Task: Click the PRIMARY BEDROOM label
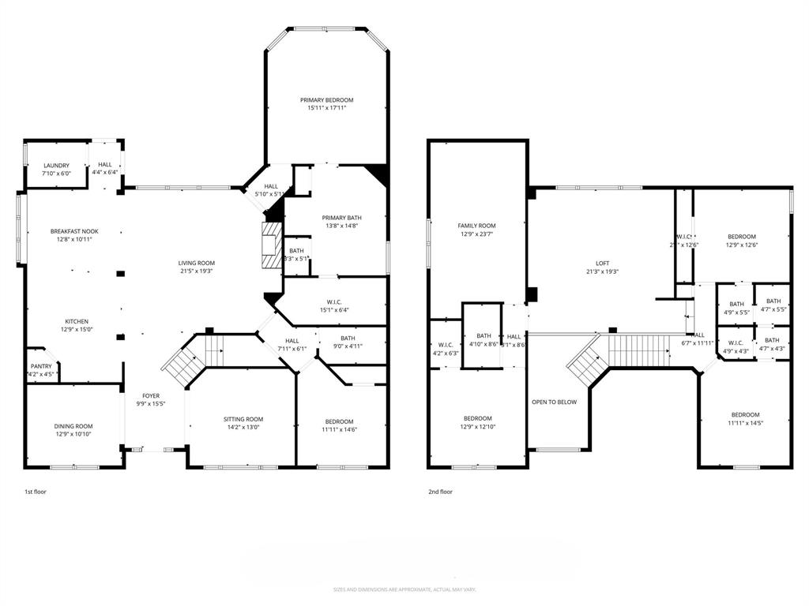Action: pyautogui.click(x=326, y=100)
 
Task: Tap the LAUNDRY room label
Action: pyautogui.click(x=56, y=166)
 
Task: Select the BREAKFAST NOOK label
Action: pyautogui.click(x=74, y=231)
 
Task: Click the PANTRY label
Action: pyautogui.click(x=41, y=366)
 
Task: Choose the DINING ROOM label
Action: pyautogui.click(x=73, y=426)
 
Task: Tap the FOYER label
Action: pyautogui.click(x=151, y=396)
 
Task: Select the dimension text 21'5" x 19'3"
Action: pyautogui.click(x=196, y=271)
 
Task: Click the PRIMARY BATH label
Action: pyautogui.click(x=341, y=218)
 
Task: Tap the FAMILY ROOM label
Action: pyautogui.click(x=476, y=225)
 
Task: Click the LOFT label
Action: pyautogui.click(x=603, y=264)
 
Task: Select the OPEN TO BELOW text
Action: pyautogui.click(x=555, y=402)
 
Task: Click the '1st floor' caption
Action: pyautogui.click(x=36, y=492)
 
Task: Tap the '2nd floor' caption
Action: pyautogui.click(x=440, y=492)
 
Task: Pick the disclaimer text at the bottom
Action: pyautogui.click(x=404, y=589)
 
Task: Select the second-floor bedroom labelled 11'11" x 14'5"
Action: pyautogui.click(x=745, y=418)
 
